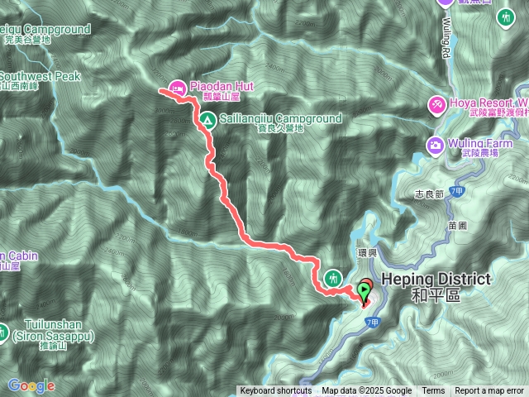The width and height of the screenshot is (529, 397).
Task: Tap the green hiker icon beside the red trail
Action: tap(333, 277)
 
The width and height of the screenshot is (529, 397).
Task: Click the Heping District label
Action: tap(436, 280)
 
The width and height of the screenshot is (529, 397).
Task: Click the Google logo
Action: tap(31, 385)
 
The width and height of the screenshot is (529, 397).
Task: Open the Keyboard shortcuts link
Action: tap(275, 391)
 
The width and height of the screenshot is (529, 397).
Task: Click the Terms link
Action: tap(433, 391)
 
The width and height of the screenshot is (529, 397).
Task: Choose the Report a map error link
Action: tap(489, 391)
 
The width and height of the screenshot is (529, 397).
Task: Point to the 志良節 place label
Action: tap(430, 196)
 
